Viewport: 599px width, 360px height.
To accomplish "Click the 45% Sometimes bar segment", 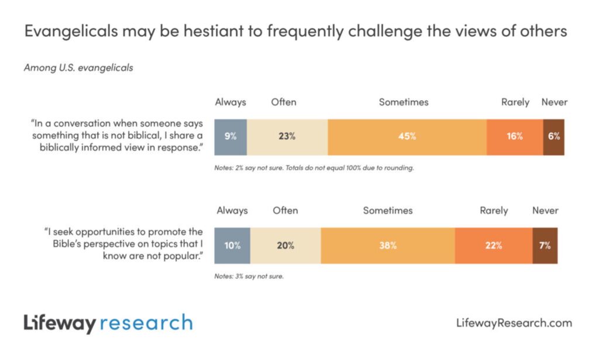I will point(407,136).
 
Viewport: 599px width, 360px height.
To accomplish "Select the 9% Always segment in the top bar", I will point(230,136).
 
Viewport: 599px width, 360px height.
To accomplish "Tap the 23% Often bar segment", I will point(287,136).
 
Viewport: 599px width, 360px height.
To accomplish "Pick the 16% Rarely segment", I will point(515,136).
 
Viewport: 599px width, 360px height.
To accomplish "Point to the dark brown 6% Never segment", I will point(554,136).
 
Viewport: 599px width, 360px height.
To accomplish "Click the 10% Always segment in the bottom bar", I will point(232,245).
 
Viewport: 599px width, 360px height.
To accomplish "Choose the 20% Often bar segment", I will point(285,245).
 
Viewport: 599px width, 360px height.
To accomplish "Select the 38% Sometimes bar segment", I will point(387,245).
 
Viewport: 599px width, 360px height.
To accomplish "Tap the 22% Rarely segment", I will point(493,245).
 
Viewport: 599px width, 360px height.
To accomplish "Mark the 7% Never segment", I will point(545,245).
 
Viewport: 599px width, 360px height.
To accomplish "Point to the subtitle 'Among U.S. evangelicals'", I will point(78,68).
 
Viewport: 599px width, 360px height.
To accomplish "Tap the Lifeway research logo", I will point(108,323).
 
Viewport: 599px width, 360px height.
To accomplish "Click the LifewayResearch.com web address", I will point(513,323).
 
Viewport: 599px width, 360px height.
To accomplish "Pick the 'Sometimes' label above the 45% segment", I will point(404,102).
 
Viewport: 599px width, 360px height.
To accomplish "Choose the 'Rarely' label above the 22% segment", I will point(494,211).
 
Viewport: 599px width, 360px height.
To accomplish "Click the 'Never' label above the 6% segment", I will point(554,102).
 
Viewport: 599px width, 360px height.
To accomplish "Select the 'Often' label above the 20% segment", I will point(285,211).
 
